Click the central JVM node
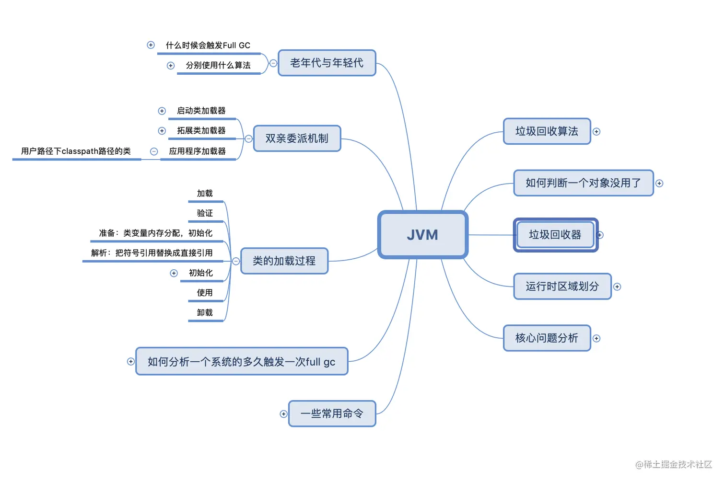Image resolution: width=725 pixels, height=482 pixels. point(422,235)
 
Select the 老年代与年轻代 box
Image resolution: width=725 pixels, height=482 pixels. point(327,63)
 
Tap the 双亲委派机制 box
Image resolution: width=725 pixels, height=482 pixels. point(297,138)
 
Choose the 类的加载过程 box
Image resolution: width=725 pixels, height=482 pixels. point(284,261)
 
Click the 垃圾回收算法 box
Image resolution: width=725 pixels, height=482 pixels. point(547,131)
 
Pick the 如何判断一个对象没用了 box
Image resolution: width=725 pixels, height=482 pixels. point(583,183)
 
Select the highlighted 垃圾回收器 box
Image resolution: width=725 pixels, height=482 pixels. point(555,235)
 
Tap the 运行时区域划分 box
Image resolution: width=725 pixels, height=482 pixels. point(562,287)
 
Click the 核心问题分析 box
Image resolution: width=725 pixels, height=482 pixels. point(547,338)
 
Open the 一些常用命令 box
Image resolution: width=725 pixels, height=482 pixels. point(332,413)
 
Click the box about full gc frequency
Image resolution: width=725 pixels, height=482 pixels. point(241,362)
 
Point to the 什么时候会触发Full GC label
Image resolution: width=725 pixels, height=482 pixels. point(208,46)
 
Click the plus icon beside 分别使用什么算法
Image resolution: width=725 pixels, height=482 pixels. point(171,66)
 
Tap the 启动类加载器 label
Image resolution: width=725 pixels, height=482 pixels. point(201,111)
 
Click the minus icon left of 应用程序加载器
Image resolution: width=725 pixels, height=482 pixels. point(154,151)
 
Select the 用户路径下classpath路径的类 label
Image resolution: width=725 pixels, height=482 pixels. point(76,151)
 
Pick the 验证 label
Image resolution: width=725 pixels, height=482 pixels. point(205,213)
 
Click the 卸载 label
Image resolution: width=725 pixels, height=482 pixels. point(205,313)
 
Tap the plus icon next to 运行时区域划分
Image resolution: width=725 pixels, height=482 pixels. point(617,287)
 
